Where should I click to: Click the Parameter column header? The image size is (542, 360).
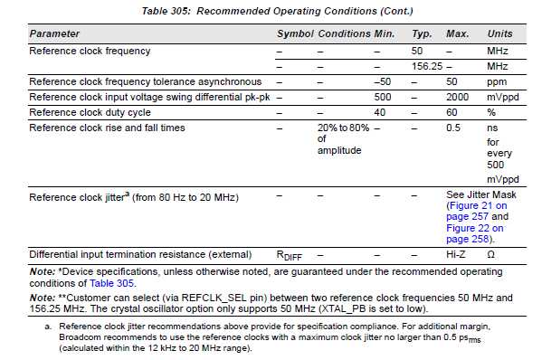(x=53, y=33)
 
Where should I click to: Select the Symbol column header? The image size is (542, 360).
(x=294, y=33)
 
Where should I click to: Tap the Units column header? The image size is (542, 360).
(x=499, y=33)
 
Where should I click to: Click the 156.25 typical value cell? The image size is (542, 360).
(x=426, y=66)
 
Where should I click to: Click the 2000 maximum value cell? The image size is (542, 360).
(x=459, y=97)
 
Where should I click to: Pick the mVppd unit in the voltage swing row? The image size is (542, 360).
(x=503, y=97)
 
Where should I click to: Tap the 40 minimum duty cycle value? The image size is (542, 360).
(x=380, y=112)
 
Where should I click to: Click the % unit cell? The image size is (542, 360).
(x=491, y=112)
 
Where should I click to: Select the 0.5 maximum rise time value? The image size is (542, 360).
(x=455, y=128)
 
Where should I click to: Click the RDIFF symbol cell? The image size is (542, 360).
(x=290, y=255)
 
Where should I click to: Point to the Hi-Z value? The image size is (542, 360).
(x=457, y=254)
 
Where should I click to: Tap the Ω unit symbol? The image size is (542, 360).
(x=491, y=254)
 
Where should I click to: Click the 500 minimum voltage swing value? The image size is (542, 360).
(x=383, y=97)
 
